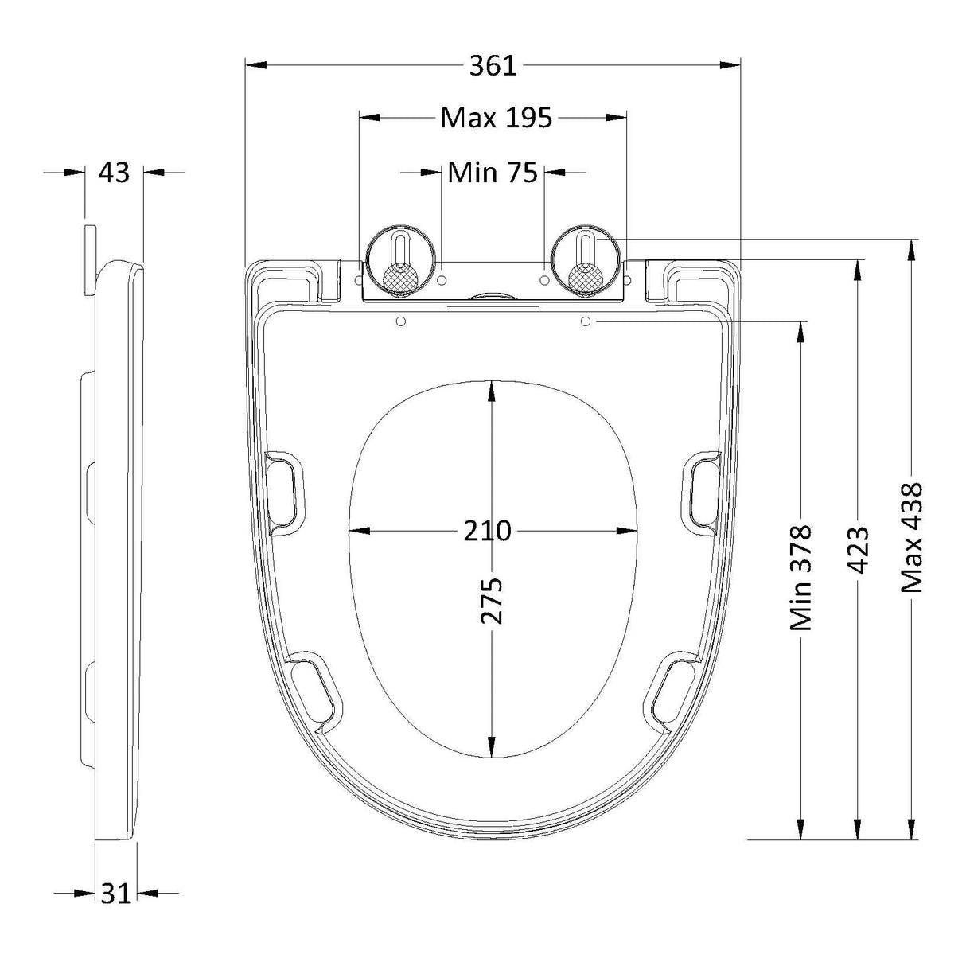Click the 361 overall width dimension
click(493, 66)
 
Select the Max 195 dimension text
click(496, 118)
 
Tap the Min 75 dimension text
click(493, 172)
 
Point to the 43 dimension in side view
click(114, 172)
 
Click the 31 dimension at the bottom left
click(115, 894)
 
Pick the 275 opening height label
click(493, 602)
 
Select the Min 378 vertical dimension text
click(800, 578)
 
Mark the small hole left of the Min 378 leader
click(586, 321)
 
